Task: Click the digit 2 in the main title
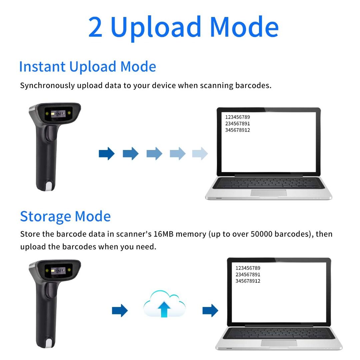[x=95, y=27]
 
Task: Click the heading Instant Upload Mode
[x=87, y=67]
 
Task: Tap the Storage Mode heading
[x=65, y=216]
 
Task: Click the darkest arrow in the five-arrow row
[x=107, y=154]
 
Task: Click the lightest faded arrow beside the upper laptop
[x=200, y=154]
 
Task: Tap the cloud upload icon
[x=164, y=304]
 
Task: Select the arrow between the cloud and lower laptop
[x=210, y=311]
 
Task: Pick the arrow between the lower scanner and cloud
[x=120, y=311]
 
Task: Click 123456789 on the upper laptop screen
[x=237, y=117]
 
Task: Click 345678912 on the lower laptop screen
[x=248, y=281]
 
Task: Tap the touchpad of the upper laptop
[x=268, y=193]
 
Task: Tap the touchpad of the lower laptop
[x=279, y=343]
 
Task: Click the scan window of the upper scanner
[x=58, y=114]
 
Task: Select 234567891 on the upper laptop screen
[x=237, y=124]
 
